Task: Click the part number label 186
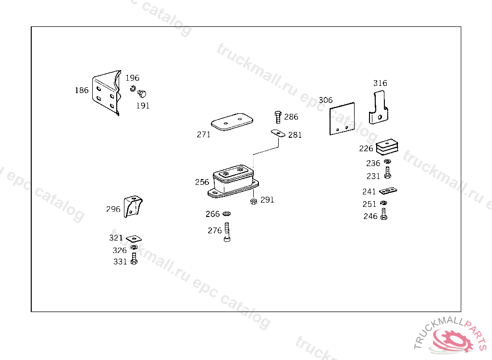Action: point(82,90)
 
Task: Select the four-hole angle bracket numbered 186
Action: point(107,93)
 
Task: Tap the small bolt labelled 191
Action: point(142,94)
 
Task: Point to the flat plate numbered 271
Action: point(232,121)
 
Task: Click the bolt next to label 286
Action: point(278,117)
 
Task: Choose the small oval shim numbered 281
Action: point(278,133)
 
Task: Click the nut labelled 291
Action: point(254,201)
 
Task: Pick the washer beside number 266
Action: point(227,214)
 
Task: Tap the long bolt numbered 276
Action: point(227,232)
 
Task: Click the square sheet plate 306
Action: point(342,119)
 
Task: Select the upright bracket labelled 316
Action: point(379,108)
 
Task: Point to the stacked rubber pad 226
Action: point(387,147)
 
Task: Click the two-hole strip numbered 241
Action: point(388,191)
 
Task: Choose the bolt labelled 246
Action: point(384,214)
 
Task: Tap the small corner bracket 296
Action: point(133,206)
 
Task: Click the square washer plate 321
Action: point(134,239)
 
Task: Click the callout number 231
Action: point(373,176)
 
